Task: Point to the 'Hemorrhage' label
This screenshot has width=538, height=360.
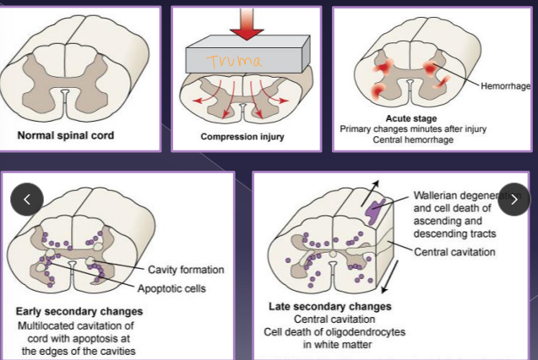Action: coord(505,85)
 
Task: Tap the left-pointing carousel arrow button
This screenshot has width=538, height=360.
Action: coord(27,199)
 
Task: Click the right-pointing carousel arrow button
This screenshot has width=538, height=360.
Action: coord(514,199)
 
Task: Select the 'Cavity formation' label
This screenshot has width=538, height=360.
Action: coord(186,270)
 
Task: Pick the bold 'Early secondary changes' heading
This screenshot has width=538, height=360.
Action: coord(79,312)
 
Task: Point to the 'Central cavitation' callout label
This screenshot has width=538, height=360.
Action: coord(455,251)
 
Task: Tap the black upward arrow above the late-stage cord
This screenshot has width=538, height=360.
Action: coord(373,188)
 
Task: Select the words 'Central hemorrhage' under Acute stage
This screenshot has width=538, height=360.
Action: coord(413,140)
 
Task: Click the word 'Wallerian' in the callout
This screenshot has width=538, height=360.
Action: coord(437,194)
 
